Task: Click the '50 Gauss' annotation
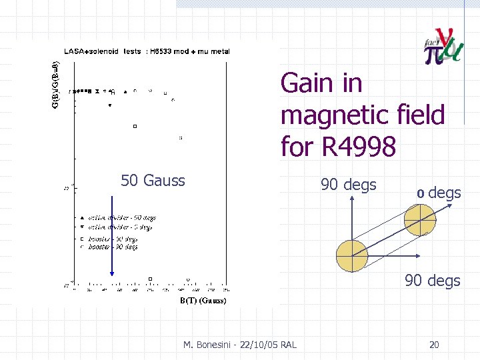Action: click(153, 180)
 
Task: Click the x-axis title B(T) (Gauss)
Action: click(204, 301)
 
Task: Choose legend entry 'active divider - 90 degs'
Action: click(121, 218)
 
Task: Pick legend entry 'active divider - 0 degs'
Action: click(121, 227)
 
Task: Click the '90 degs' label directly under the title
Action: click(349, 185)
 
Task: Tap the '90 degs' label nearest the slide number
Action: click(433, 281)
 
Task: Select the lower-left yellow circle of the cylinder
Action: click(351, 255)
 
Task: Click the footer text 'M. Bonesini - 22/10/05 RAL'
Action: click(240, 344)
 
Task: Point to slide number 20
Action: click(434, 345)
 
